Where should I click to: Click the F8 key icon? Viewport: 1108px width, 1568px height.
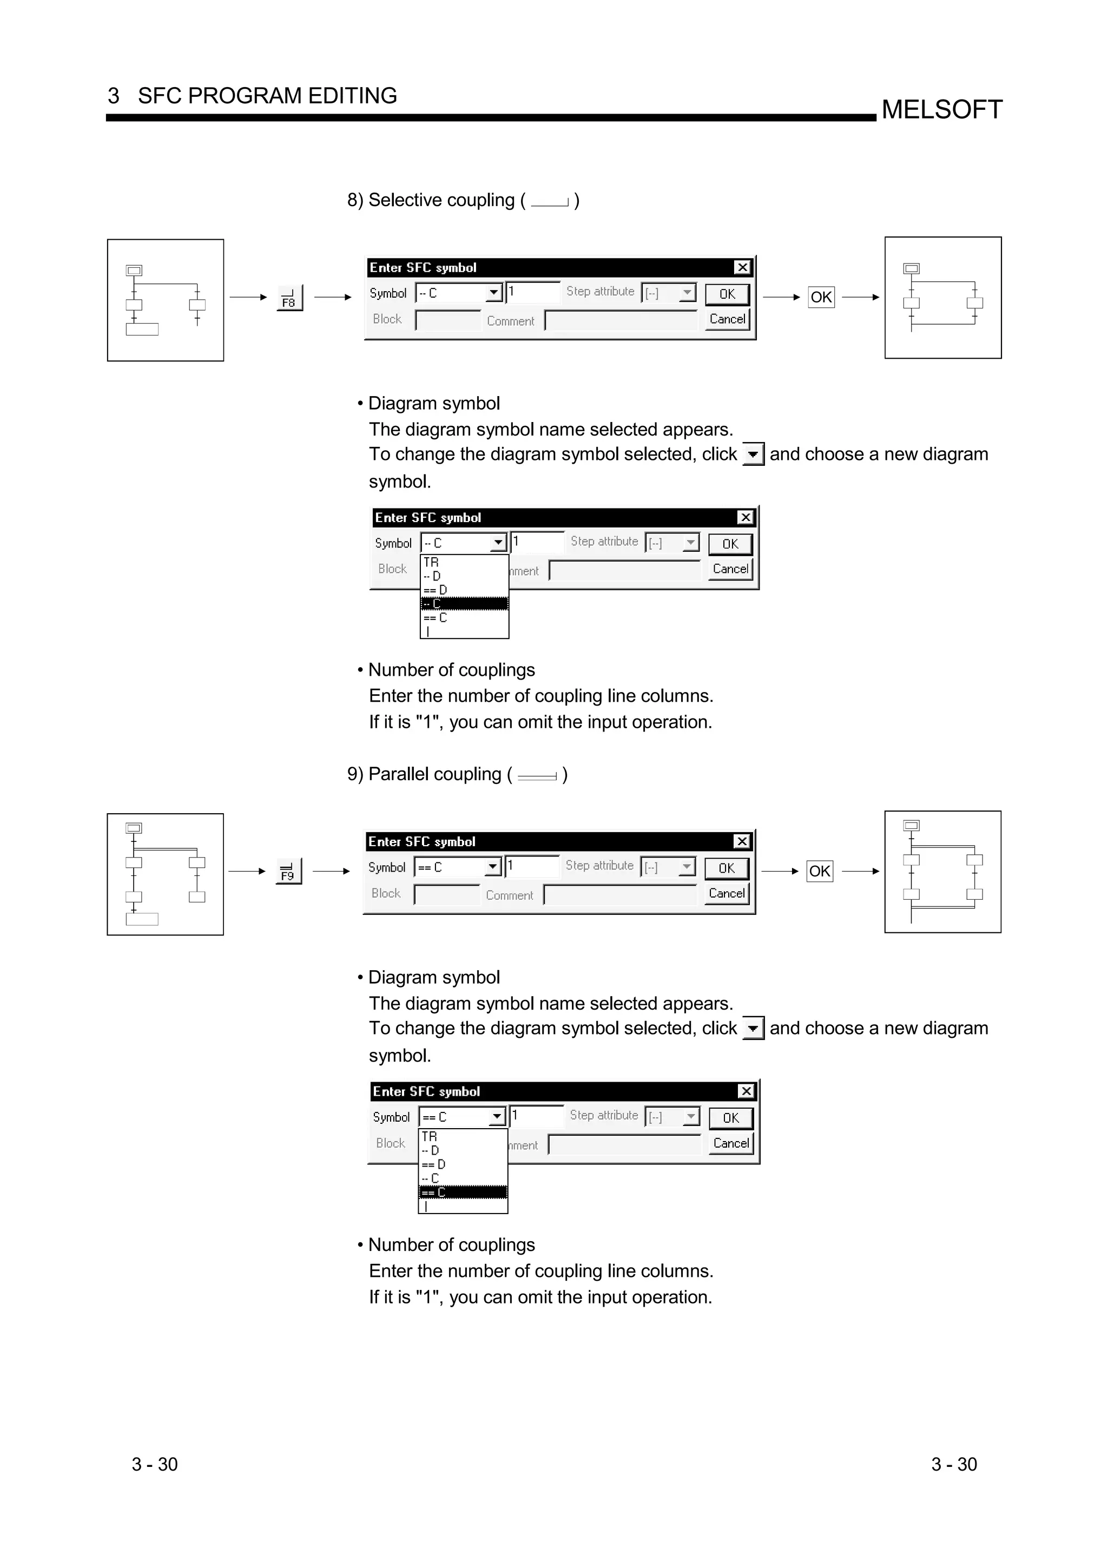tap(289, 299)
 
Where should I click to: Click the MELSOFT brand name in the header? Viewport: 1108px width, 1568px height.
tap(941, 109)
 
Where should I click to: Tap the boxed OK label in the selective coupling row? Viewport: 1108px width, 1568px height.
tap(821, 297)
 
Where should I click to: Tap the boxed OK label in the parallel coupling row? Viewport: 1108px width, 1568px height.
tap(819, 872)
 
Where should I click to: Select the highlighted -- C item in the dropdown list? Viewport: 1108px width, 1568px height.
tap(464, 604)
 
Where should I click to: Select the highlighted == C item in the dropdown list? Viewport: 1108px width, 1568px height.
tap(462, 1193)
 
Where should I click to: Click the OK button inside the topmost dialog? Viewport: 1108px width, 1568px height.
tap(727, 294)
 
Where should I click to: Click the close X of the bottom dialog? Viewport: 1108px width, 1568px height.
tap(746, 1091)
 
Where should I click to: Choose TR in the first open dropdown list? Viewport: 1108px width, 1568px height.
tap(431, 562)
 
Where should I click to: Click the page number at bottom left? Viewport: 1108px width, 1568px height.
tap(154, 1464)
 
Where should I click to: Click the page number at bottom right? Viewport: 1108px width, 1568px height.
tap(954, 1464)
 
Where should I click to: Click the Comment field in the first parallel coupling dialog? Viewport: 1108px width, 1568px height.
tap(620, 894)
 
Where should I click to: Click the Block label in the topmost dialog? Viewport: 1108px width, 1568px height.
tap(387, 319)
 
